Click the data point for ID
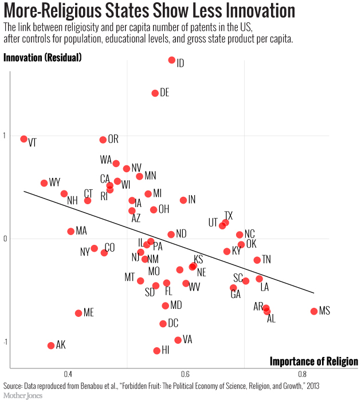coord(171,60)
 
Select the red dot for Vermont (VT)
coord(23,139)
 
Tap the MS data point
coord(313,311)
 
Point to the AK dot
coord(51,346)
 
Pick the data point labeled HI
coord(156,351)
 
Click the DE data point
coord(155,93)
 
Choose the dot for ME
coord(79,313)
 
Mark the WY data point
coord(44,183)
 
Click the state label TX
coord(228,214)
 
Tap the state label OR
coord(113,139)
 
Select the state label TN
coord(266,259)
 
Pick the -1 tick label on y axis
coord(6,342)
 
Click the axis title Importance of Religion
coord(313,362)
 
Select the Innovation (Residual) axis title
coord(42,57)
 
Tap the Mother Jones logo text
coord(23,395)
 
